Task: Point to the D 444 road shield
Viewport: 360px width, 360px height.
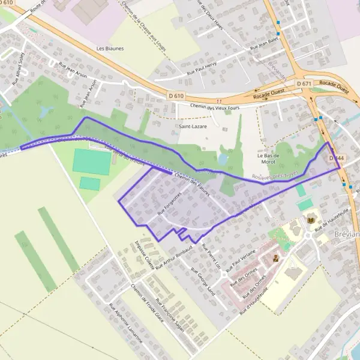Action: [x=337, y=157]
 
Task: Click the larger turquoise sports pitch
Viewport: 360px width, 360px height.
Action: [x=92, y=161]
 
